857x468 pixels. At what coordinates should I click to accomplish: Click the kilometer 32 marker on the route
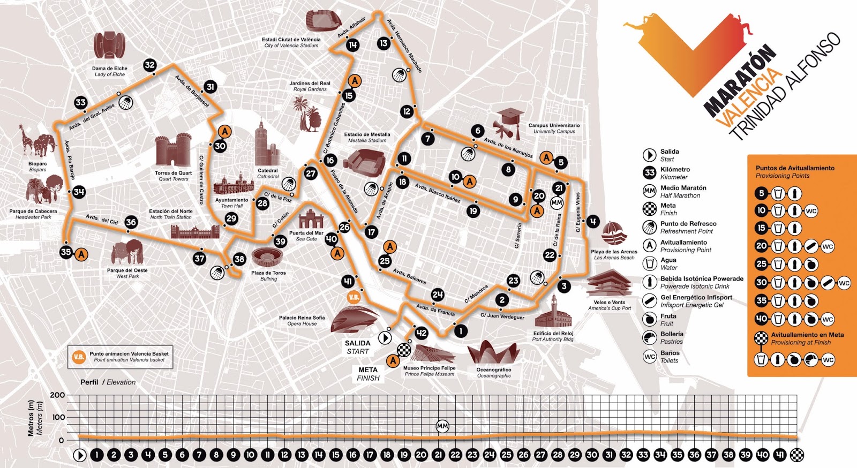click(x=150, y=65)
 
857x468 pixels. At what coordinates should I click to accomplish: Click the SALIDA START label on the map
click(x=357, y=347)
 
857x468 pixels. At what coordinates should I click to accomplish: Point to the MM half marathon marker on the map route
click(x=557, y=203)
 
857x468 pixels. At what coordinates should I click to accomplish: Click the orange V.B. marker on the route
click(x=354, y=297)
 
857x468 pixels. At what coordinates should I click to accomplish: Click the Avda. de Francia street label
click(x=435, y=310)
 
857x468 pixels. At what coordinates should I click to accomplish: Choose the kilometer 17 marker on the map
click(x=371, y=232)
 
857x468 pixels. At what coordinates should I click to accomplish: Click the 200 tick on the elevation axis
click(x=57, y=395)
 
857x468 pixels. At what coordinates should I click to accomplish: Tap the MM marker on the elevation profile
click(x=442, y=426)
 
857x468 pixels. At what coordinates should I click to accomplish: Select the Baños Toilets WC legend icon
click(x=650, y=356)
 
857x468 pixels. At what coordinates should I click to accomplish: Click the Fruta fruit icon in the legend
click(x=650, y=320)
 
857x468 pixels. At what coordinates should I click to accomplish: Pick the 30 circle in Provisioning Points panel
click(x=762, y=282)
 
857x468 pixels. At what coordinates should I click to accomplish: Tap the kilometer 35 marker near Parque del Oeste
click(x=66, y=252)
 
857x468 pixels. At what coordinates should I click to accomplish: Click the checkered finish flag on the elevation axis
click(x=798, y=455)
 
